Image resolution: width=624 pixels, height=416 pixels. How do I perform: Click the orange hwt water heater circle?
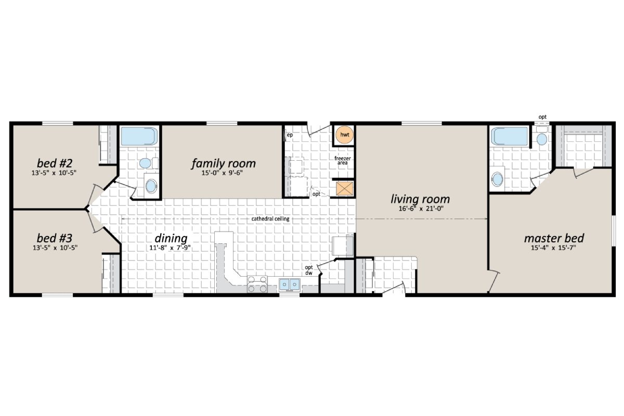[344, 135]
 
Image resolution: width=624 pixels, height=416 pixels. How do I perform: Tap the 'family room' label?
[224, 163]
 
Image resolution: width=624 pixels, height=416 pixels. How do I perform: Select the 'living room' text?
[420, 199]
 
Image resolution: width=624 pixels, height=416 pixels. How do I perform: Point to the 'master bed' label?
[554, 238]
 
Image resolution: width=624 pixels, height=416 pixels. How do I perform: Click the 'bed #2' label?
[54, 160]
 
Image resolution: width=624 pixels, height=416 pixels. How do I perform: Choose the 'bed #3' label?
[54, 238]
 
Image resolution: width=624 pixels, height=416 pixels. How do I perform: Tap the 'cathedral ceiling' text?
[270, 219]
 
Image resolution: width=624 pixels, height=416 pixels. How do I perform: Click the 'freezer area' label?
[343, 160]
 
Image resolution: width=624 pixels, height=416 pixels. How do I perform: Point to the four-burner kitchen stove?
[257, 285]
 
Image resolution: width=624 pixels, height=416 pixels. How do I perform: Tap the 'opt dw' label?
[309, 270]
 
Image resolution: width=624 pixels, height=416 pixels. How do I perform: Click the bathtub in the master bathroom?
[511, 136]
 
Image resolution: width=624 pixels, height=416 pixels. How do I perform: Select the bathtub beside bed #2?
[139, 136]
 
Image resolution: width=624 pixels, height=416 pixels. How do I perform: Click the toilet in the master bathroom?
[542, 139]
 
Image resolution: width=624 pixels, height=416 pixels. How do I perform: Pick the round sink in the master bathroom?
[497, 179]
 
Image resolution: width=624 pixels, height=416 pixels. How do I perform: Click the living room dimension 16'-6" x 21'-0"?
[420, 209]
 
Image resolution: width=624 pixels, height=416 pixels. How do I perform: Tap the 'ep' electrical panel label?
[290, 135]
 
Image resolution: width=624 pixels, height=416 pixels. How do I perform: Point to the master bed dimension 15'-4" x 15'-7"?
[554, 248]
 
